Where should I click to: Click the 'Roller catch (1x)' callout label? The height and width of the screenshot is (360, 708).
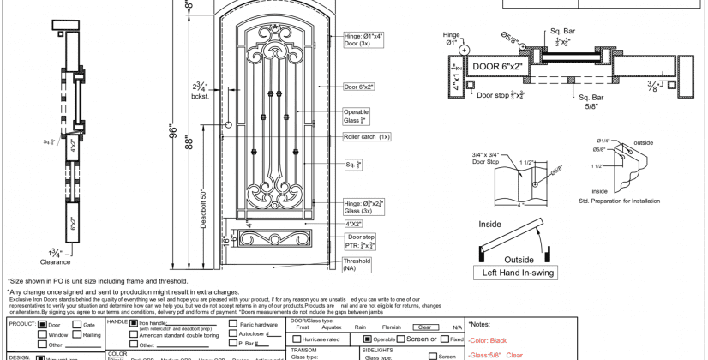point(367,136)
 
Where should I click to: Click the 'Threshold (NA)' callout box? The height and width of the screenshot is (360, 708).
point(357,265)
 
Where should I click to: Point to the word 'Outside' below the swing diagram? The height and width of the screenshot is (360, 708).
point(519,259)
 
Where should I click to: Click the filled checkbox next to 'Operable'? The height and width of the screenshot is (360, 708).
point(369,339)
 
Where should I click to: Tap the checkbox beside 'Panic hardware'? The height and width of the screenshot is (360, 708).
point(234,326)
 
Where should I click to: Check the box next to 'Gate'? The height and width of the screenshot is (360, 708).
point(77,326)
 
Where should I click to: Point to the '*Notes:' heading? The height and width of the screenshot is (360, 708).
point(480,325)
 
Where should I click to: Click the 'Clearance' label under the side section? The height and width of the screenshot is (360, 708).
point(56,262)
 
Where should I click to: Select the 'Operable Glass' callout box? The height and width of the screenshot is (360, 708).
point(357,117)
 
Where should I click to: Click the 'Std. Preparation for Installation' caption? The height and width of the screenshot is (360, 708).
point(620,201)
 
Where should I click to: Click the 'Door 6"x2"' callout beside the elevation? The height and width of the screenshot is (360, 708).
point(359,87)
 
